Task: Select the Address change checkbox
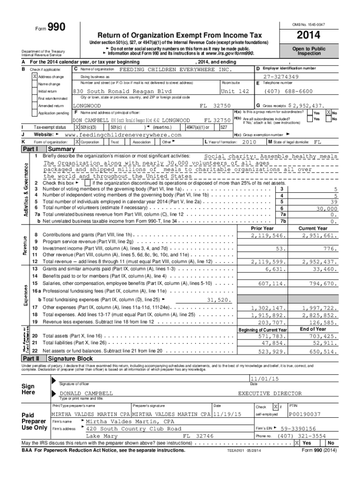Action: (x=35, y=76)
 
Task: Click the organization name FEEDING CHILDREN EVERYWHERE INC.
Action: (x=175, y=69)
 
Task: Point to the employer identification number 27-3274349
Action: (x=281, y=77)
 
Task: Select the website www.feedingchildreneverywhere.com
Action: (x=122, y=134)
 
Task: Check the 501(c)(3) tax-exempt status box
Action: (x=78, y=127)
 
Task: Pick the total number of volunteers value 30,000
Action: (x=326, y=208)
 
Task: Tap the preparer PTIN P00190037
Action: (x=305, y=414)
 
